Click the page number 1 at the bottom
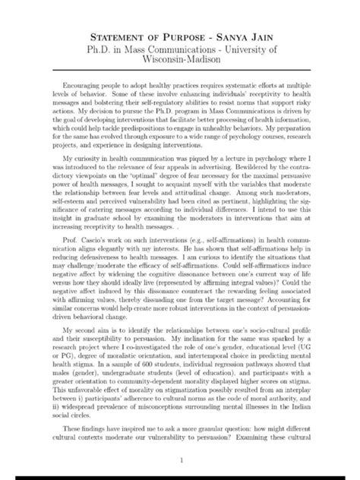[180, 460]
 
